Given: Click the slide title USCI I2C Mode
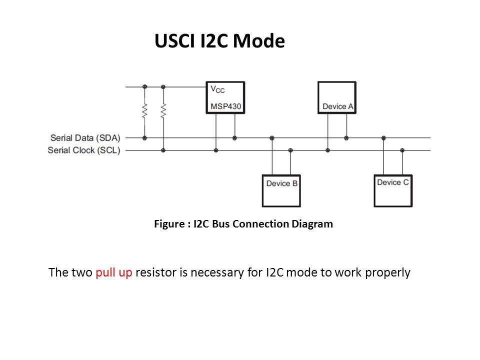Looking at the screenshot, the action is pyautogui.click(x=219, y=40).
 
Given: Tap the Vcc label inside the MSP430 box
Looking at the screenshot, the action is pyautogui.click(x=217, y=89).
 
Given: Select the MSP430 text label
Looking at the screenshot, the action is pyautogui.click(x=226, y=106).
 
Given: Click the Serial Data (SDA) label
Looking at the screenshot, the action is pyautogui.click(x=85, y=138).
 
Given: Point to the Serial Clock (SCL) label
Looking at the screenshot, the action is pyautogui.click(x=84, y=150).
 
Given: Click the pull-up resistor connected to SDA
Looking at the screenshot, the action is pyautogui.click(x=145, y=111).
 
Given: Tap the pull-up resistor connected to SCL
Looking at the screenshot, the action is pyautogui.click(x=163, y=111).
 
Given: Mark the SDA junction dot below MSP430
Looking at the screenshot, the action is pyautogui.click(x=234, y=138).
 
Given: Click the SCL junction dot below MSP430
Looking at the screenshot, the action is pyautogui.click(x=216, y=150).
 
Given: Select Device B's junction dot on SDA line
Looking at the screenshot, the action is pyautogui.click(x=272, y=138).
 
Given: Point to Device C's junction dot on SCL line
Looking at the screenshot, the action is pyautogui.click(x=402, y=150).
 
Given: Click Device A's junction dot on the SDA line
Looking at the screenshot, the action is pyautogui.click(x=346, y=138).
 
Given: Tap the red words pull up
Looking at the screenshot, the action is pyautogui.click(x=114, y=272).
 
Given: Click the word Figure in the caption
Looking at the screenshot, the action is pyautogui.click(x=169, y=224).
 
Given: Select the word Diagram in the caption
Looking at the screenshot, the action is pyautogui.click(x=312, y=224).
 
